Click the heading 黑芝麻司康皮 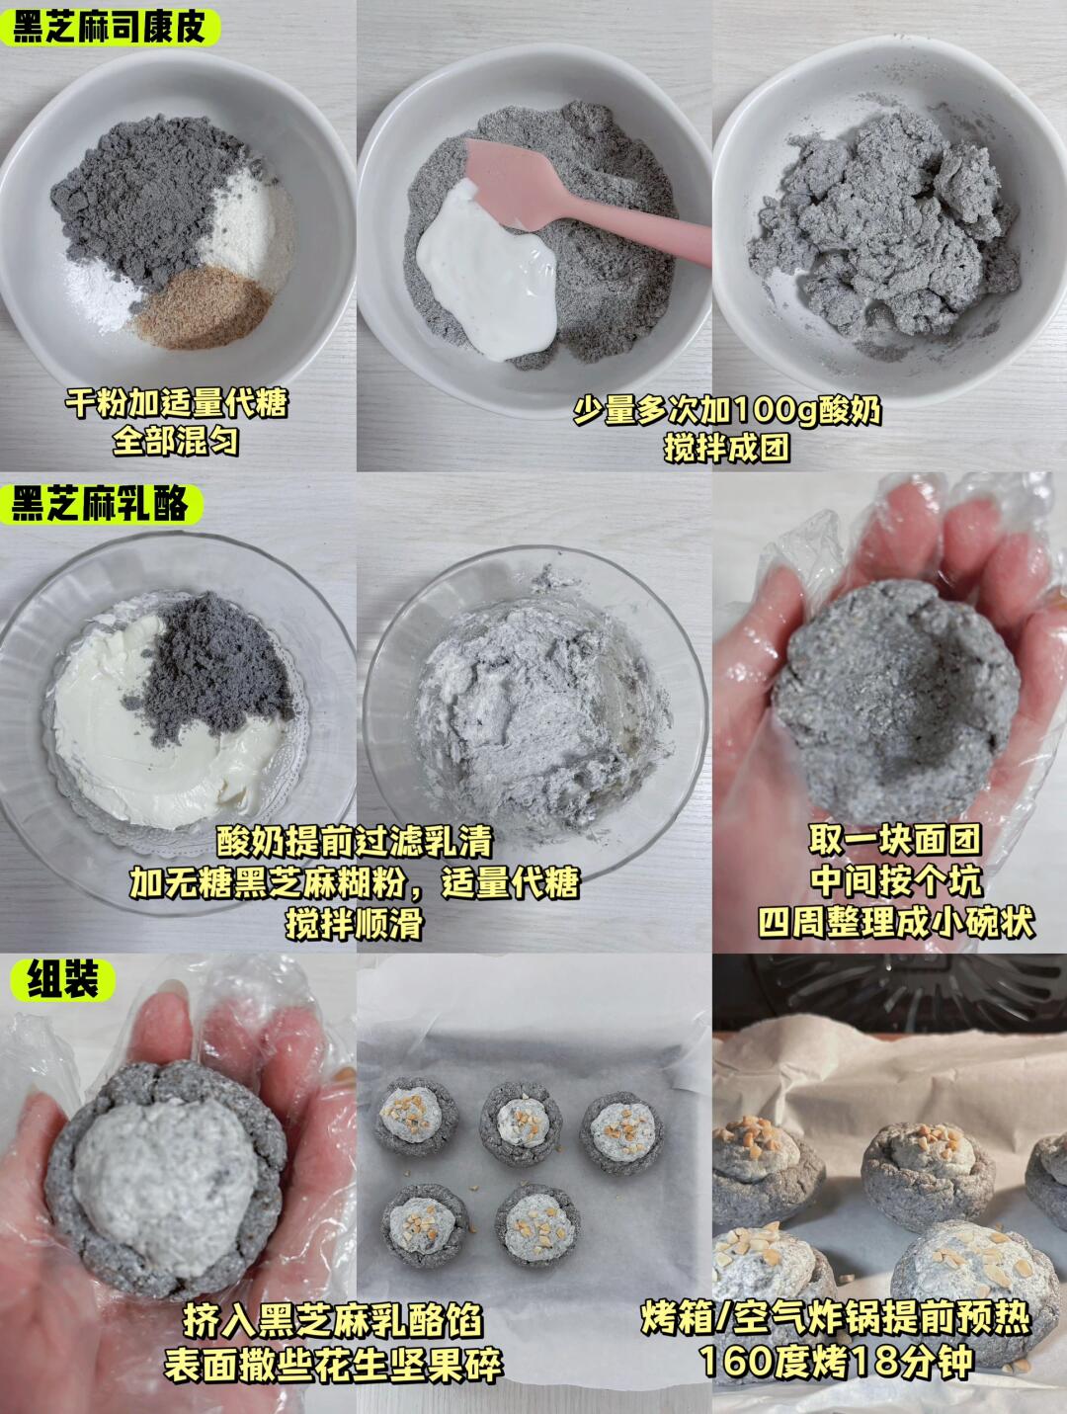pos(109,27)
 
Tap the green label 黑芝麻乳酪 pos(100,504)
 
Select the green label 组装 pos(62,980)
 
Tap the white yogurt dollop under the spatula pos(487,271)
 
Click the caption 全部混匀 pos(176,442)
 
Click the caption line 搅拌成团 pos(727,447)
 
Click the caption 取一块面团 pos(895,839)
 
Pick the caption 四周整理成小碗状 pos(896,922)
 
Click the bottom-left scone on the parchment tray pos(423,1223)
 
